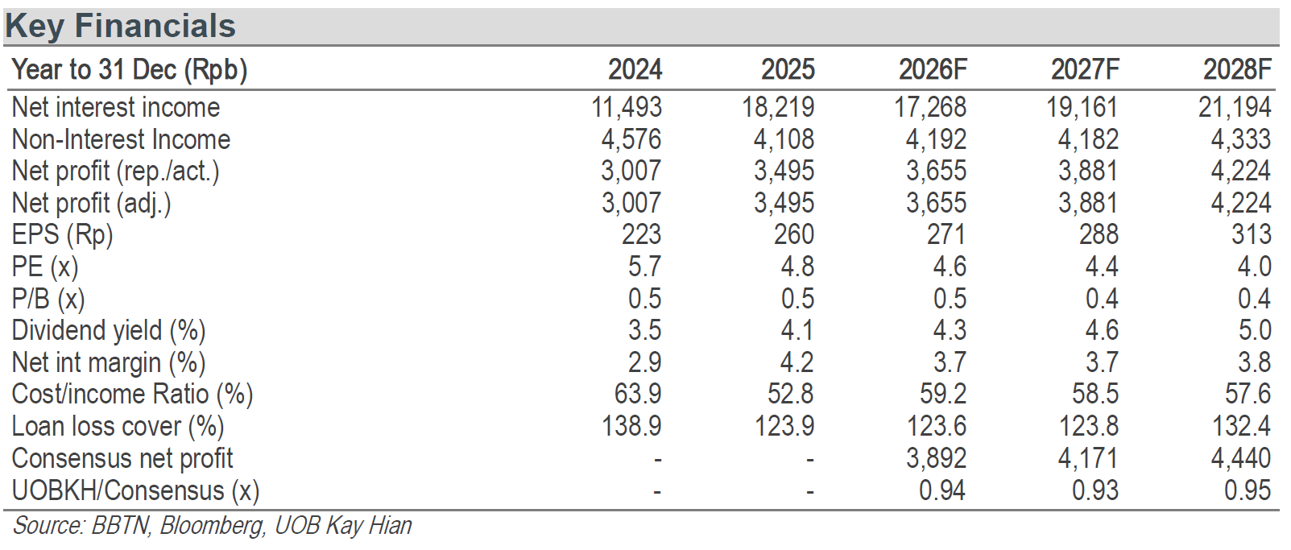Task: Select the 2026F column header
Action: [933, 70]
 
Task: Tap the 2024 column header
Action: [635, 70]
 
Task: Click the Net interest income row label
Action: [116, 107]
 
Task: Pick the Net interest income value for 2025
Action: [778, 107]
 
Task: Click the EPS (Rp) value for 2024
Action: [641, 234]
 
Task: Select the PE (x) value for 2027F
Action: [1102, 267]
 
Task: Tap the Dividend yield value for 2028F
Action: [1254, 330]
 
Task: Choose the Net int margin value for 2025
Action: [797, 362]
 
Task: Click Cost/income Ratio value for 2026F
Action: [943, 395]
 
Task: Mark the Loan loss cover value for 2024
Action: [631, 427]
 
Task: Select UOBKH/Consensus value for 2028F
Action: [1248, 490]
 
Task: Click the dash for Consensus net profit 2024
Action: [657, 460]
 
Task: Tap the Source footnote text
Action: [212, 526]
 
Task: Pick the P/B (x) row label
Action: [48, 299]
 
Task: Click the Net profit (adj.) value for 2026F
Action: [936, 203]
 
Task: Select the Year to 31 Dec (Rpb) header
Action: [129, 70]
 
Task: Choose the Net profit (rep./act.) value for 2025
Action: [784, 172]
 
